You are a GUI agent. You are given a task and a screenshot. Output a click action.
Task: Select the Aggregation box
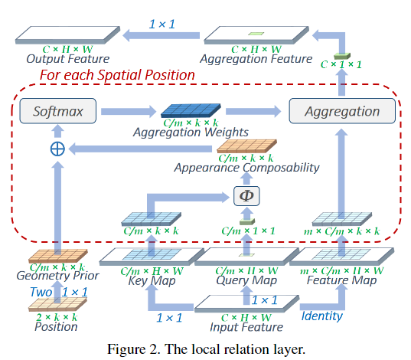(x=341, y=112)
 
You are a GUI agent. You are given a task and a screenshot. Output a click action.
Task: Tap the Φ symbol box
(x=246, y=195)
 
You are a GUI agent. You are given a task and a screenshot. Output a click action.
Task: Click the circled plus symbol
(x=57, y=149)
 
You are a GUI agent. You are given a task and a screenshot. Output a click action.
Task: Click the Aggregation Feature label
(x=256, y=59)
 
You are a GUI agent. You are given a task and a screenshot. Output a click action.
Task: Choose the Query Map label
(x=246, y=280)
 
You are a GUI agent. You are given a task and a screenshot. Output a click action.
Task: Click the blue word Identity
(x=321, y=314)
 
